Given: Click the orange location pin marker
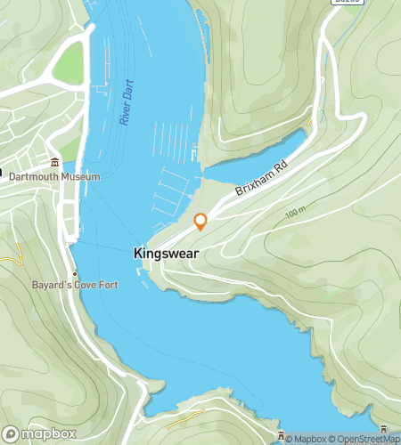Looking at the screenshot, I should (x=200, y=222).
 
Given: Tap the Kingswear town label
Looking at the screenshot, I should (x=165, y=253).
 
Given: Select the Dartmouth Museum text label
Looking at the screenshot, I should (x=54, y=176).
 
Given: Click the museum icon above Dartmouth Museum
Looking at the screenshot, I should (x=55, y=163).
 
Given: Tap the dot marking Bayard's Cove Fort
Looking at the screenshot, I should (x=75, y=273).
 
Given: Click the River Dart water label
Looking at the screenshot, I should (x=127, y=106).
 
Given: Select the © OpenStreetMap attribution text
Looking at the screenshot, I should (x=364, y=438).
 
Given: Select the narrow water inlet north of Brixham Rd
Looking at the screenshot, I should (x=258, y=157).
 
